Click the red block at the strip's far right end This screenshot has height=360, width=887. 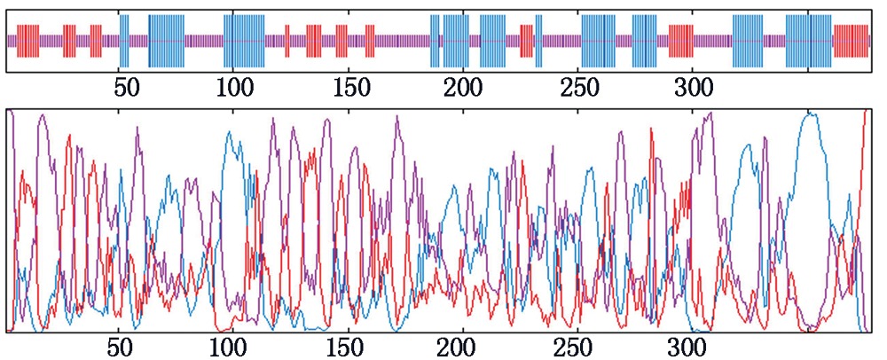pos(852,41)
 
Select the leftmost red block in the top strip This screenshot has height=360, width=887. pos(28,41)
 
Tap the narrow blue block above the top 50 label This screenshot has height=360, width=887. pos(124,41)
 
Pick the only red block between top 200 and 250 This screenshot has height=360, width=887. pos(526,41)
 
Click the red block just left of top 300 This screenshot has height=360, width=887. pos(680,41)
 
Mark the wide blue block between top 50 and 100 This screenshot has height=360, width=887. pos(167,41)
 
